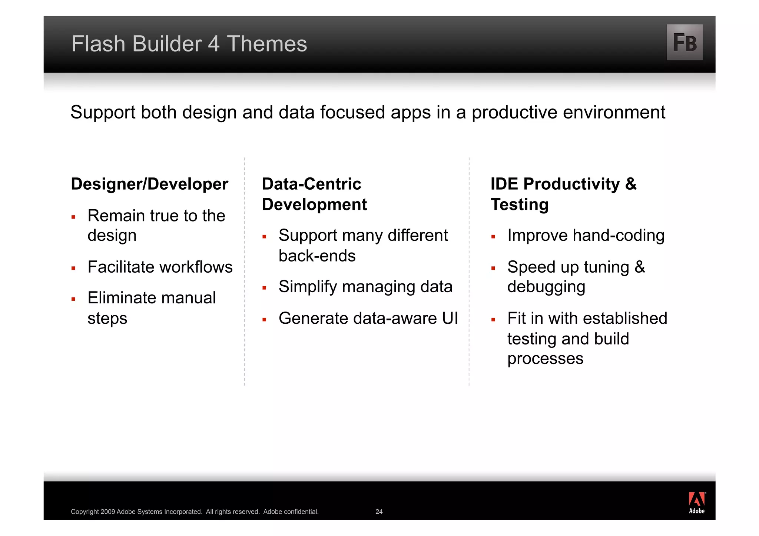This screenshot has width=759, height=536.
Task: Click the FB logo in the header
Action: (x=684, y=42)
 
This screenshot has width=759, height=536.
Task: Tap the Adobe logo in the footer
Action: (x=696, y=503)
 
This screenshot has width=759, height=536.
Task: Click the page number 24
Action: (x=379, y=512)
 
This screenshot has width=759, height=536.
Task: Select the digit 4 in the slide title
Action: (x=213, y=44)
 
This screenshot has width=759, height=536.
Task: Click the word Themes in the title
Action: (x=267, y=44)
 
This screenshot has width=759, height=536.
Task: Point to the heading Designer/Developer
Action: (x=149, y=184)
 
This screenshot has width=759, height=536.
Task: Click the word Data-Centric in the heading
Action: (x=311, y=184)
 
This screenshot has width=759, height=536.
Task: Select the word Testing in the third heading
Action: (x=519, y=204)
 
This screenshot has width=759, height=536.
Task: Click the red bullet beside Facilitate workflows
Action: (x=73, y=268)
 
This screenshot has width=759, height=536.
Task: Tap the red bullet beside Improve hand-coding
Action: (x=493, y=237)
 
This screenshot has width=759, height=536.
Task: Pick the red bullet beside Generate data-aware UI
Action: (x=264, y=319)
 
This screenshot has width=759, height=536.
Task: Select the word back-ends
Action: (x=317, y=256)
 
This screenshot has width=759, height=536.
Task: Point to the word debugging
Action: (x=546, y=287)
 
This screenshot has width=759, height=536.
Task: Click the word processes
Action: (x=545, y=359)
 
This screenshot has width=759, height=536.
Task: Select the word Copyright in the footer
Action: (x=85, y=512)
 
